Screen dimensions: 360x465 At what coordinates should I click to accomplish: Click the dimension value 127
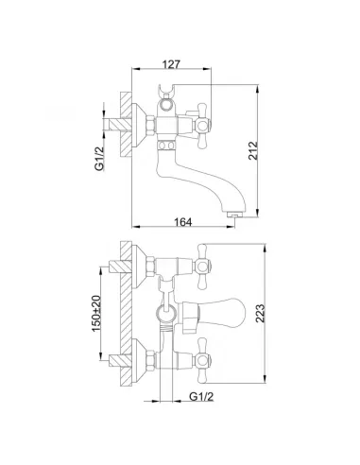171,64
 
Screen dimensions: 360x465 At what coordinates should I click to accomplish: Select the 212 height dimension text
253,150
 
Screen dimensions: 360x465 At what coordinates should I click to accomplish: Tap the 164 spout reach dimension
182,222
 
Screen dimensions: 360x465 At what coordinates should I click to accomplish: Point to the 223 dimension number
260,313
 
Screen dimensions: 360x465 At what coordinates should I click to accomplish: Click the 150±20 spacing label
96,313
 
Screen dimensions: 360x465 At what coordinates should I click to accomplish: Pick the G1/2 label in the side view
99,159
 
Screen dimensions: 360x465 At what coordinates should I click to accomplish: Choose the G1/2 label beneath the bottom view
201,396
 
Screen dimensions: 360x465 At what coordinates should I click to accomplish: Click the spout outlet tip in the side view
234,215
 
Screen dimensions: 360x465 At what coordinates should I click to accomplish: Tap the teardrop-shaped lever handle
213,313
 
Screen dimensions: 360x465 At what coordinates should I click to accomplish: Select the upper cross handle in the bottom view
202,267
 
